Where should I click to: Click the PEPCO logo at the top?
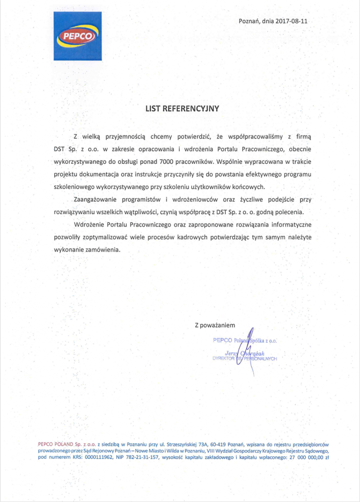77,36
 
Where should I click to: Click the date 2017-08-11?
292,21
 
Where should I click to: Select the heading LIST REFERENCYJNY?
182,108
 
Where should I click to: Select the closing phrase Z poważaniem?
215,325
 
